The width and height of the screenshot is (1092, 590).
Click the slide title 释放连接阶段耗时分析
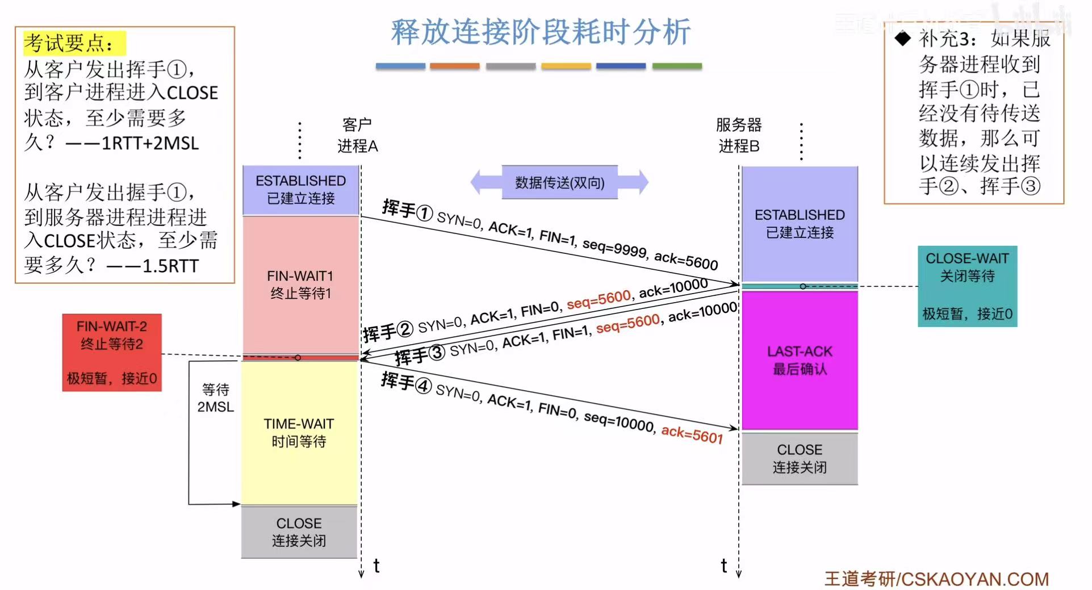click(540, 32)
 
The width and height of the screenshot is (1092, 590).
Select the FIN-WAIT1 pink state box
click(300, 284)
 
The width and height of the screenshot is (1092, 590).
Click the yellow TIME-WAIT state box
click(299, 432)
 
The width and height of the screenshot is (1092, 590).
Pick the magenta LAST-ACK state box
click(800, 360)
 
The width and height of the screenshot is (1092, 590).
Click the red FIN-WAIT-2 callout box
click(112, 352)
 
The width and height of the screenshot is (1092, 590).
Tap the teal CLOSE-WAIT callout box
click(967, 286)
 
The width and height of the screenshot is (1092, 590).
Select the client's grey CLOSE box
click(299, 532)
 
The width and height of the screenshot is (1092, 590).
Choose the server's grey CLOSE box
click(800, 458)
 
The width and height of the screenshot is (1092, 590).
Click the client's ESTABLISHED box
click(300, 190)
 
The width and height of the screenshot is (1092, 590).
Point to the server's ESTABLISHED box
click(800, 224)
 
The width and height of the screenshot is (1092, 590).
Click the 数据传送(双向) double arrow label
click(559, 182)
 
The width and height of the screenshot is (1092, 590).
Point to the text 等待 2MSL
click(215, 398)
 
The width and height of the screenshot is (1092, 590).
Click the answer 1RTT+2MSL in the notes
click(150, 143)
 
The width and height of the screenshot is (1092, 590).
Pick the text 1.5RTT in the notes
click(170, 266)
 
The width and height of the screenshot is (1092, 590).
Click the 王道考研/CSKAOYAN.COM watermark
click(936, 579)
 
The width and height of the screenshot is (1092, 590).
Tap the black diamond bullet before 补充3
click(902, 39)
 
